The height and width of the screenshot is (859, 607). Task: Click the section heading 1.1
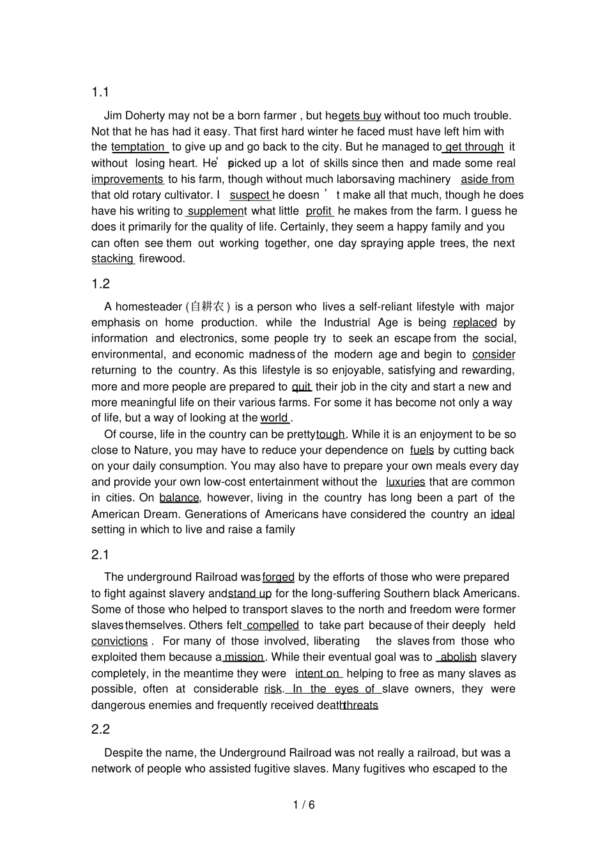pyautogui.click(x=100, y=93)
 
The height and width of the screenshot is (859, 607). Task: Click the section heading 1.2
pyautogui.click(x=100, y=284)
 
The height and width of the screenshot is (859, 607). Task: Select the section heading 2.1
pyautogui.click(x=100, y=554)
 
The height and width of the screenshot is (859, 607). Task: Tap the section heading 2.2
pyautogui.click(x=100, y=729)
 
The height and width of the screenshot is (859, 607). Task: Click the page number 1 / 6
pyautogui.click(x=303, y=805)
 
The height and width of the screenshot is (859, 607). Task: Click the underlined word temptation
pyautogui.click(x=139, y=147)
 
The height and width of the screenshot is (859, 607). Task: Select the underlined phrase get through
pyautogui.click(x=474, y=147)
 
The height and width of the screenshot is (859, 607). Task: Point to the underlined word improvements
pyautogui.click(x=127, y=179)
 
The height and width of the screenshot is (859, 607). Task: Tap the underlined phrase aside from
pyautogui.click(x=487, y=179)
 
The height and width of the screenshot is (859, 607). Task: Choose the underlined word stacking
pyautogui.click(x=112, y=259)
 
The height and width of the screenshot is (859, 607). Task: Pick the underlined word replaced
pyautogui.click(x=475, y=323)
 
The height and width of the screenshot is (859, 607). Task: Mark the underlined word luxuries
pyautogui.click(x=405, y=482)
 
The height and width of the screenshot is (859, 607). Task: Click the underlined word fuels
pyautogui.click(x=422, y=450)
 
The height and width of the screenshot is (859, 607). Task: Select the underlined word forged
pyautogui.click(x=279, y=577)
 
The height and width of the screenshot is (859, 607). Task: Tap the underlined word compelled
pyautogui.click(x=272, y=625)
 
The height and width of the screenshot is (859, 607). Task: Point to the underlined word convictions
pyautogui.click(x=119, y=641)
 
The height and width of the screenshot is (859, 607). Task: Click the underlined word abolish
pyautogui.click(x=458, y=657)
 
